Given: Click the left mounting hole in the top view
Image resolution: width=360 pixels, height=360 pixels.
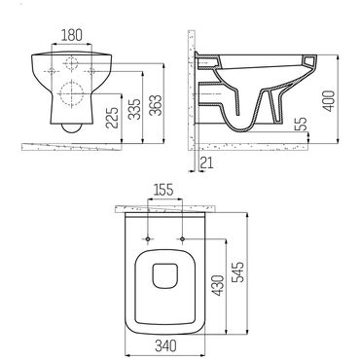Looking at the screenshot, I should pyautogui.click(x=146, y=237).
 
